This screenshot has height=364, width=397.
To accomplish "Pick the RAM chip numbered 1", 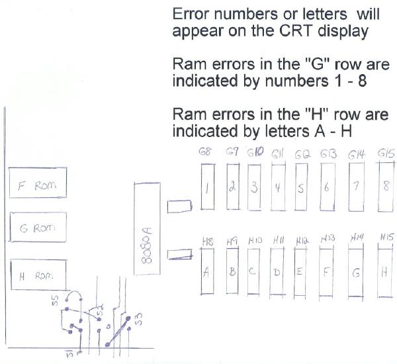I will click(x=207, y=187).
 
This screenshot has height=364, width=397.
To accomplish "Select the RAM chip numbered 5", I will click(x=300, y=187).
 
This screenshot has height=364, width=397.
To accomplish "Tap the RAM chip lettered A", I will click(x=207, y=271).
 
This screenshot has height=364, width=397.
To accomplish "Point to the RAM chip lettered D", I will click(x=277, y=271).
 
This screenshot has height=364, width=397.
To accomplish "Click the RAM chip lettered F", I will click(x=327, y=271).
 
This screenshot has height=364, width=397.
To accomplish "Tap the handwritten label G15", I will click(x=386, y=154).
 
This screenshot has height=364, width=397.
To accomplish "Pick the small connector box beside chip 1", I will click(x=177, y=208).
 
